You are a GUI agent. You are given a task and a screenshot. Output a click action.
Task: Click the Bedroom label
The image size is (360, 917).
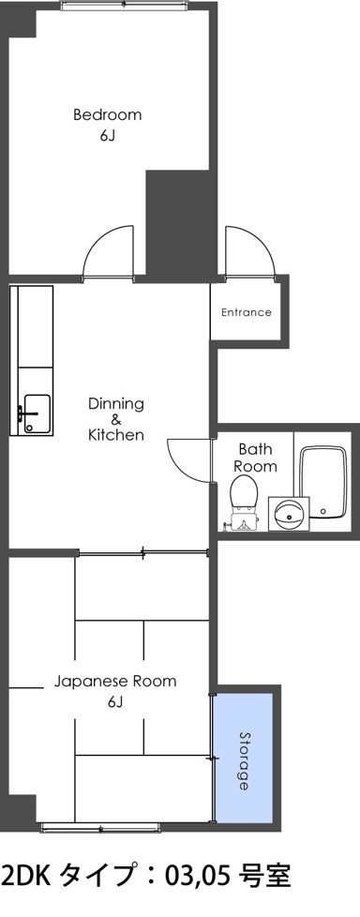click(x=108, y=114)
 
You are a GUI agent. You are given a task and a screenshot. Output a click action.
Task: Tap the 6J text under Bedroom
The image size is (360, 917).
click(x=107, y=136)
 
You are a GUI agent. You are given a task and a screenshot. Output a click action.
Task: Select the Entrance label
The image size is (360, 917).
click(x=246, y=312)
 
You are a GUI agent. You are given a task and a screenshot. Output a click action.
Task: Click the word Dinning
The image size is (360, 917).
click(x=115, y=403)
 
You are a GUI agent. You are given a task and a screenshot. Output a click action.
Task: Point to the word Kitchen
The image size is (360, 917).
click(x=115, y=435)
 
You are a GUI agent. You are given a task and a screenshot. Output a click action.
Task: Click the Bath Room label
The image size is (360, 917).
click(x=255, y=458)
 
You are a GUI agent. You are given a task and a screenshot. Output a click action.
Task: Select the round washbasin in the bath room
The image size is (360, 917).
click(x=288, y=515)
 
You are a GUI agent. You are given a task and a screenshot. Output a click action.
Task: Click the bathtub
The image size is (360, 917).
click(x=324, y=483)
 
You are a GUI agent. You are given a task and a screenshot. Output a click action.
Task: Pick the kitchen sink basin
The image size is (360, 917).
click(x=37, y=413)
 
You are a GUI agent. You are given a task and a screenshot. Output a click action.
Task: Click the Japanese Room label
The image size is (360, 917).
click(x=115, y=682)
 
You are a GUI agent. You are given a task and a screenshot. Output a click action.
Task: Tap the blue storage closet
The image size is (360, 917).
click(x=243, y=757)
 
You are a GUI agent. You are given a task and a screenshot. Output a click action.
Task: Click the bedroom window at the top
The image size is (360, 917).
click(x=125, y=6)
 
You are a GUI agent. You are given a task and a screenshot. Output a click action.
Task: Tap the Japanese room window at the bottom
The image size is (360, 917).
click(x=100, y=827)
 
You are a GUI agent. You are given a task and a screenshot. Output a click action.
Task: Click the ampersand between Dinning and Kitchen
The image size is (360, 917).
click(x=115, y=419)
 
